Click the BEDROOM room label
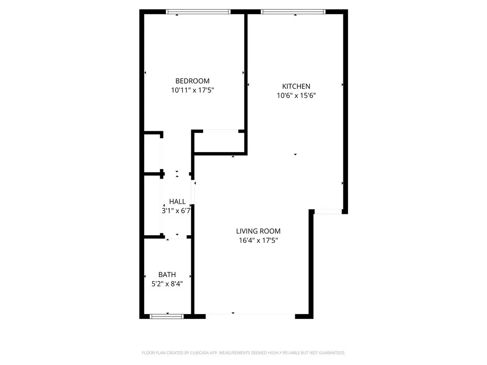coord(192,81)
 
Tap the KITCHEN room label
coord(296,86)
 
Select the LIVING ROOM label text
coord(258,231)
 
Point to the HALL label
coord(177,202)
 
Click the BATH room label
coord(167,274)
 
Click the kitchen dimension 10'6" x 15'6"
coord(296,95)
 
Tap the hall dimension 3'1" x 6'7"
coord(176,211)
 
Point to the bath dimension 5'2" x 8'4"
coord(164,284)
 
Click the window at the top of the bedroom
coord(198,12)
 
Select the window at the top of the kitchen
coord(293,12)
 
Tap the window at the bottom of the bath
coord(167,316)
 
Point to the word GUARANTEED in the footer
coord(330,353)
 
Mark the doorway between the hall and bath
coord(177,237)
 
